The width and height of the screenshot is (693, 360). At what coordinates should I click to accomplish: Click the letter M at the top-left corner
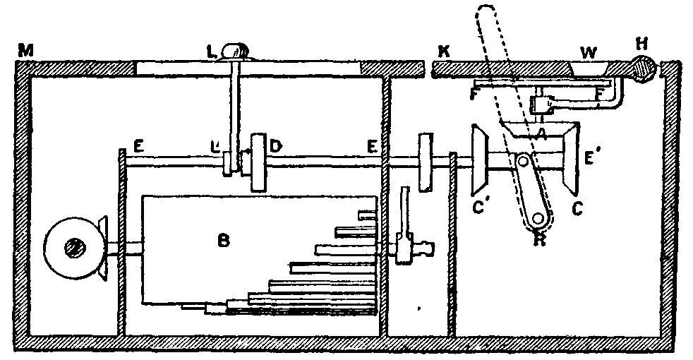[27, 50]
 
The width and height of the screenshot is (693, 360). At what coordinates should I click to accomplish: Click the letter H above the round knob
[641, 44]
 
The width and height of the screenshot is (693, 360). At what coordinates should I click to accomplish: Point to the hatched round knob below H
[643, 68]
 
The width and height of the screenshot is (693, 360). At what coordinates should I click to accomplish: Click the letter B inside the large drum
[224, 241]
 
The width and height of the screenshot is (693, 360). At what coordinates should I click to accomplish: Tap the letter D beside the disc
[276, 147]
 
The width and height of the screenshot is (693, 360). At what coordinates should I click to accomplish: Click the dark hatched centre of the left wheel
[73, 248]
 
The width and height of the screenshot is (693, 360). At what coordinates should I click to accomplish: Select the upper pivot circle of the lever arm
[524, 162]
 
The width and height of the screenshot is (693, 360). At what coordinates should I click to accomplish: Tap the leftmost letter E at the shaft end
[138, 148]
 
